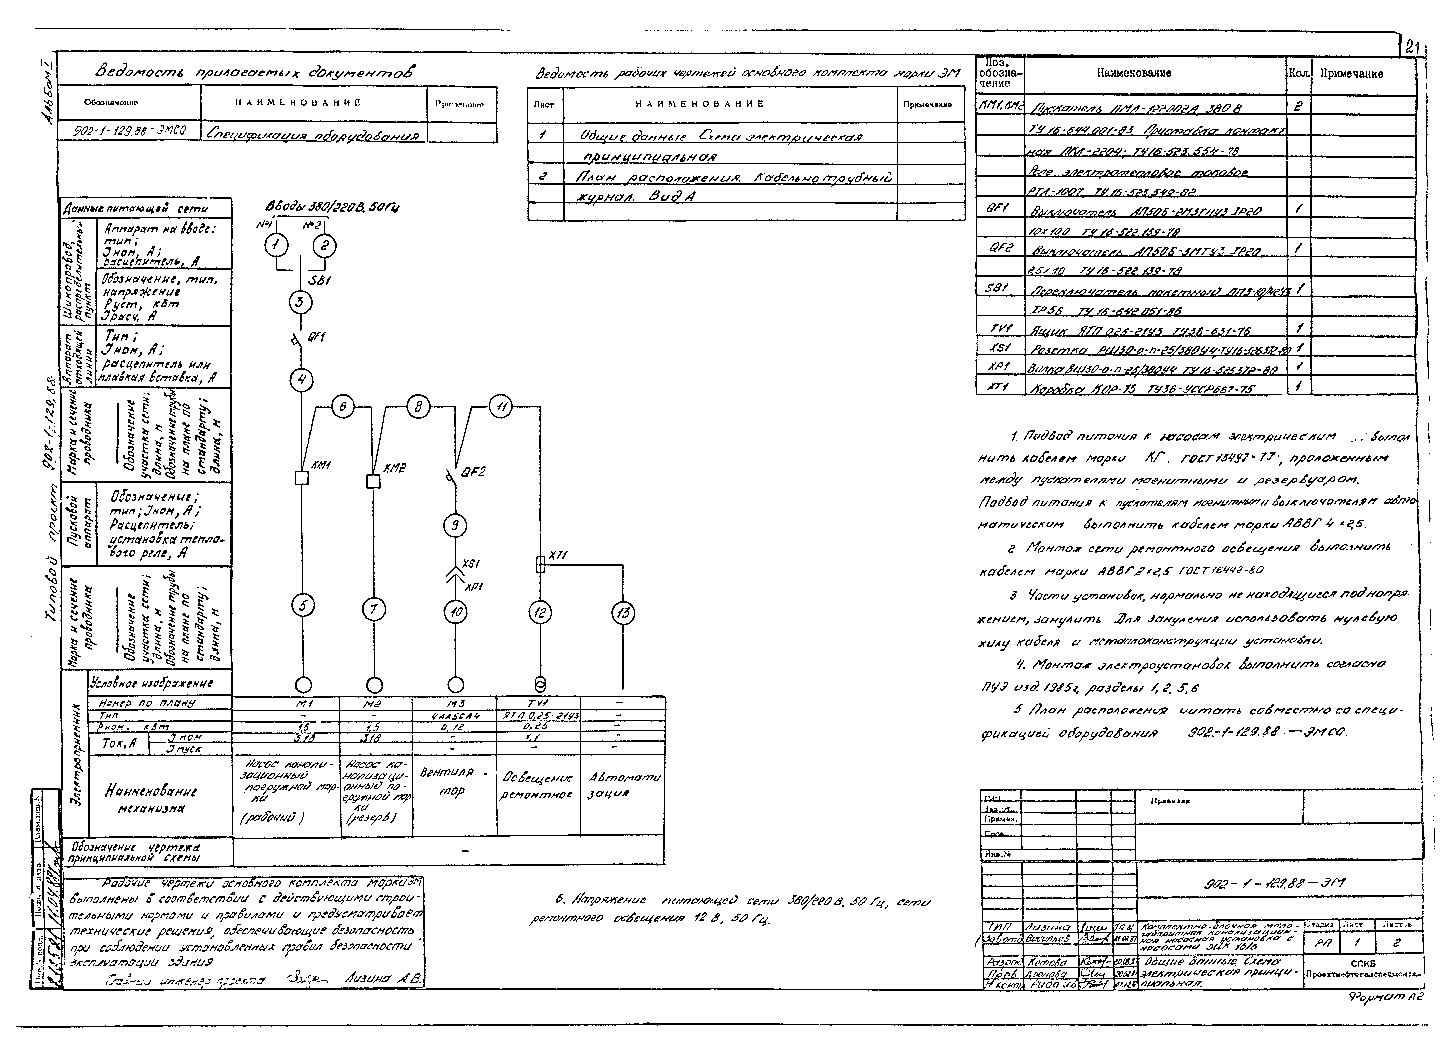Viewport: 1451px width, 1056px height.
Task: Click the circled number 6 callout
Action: pyautogui.click(x=343, y=408)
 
